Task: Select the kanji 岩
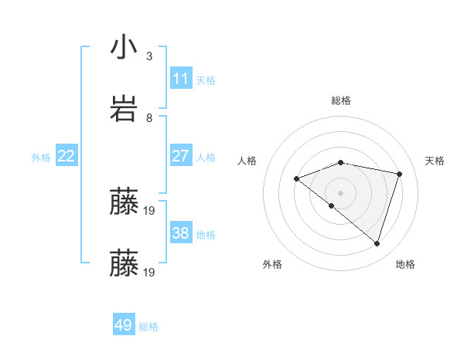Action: [x=124, y=109]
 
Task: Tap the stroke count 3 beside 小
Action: [x=149, y=56]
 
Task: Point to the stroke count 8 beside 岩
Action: [x=149, y=118]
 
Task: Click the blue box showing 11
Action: [x=181, y=79]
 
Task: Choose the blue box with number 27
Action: [x=181, y=156]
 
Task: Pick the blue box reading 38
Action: [x=181, y=233]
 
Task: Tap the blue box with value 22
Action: [x=67, y=156]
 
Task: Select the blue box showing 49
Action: [x=124, y=325]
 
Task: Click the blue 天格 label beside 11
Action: [x=206, y=80]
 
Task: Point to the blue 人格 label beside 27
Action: [x=206, y=157]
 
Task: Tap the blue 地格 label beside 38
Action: [x=206, y=234]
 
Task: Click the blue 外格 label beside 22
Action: [x=41, y=157]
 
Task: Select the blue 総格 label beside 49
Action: [x=148, y=326]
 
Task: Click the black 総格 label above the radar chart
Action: [x=341, y=100]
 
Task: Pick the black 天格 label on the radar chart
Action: [x=435, y=161]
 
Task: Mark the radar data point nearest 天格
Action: [x=400, y=174]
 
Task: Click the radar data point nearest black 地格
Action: [x=377, y=243]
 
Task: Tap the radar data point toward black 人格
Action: [x=296, y=179]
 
